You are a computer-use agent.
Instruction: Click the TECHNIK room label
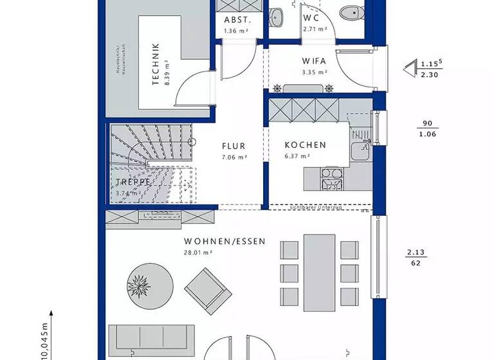pos(155,64)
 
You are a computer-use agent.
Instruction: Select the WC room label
pos(312,18)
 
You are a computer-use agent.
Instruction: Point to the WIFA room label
pos(315,61)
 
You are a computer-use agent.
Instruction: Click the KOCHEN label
pos(306,145)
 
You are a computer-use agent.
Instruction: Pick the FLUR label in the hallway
pos(234,146)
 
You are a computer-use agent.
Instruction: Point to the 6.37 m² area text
pos(297,156)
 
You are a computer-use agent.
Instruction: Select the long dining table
pos(319,270)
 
